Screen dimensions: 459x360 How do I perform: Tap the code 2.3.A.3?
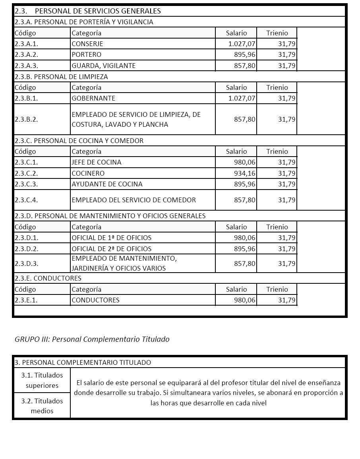pyautogui.click(x=26, y=66)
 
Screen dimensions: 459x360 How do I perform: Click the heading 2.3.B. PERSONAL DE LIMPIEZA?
pyautogui.click(x=61, y=77)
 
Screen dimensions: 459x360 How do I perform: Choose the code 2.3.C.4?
pyautogui.click(x=26, y=200)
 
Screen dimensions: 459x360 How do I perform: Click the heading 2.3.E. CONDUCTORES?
pyautogui.click(x=48, y=278)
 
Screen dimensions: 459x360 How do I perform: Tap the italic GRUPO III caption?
pyautogui.click(x=92, y=339)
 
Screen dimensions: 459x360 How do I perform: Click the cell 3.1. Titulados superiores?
pyautogui.click(x=42, y=380)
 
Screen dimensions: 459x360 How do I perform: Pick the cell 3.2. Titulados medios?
pyautogui.click(x=42, y=406)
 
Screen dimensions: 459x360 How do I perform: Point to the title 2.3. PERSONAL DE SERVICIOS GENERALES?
pyautogui.click(x=88, y=11)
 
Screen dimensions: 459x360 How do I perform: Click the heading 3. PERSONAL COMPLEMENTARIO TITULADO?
pyautogui.click(x=83, y=362)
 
